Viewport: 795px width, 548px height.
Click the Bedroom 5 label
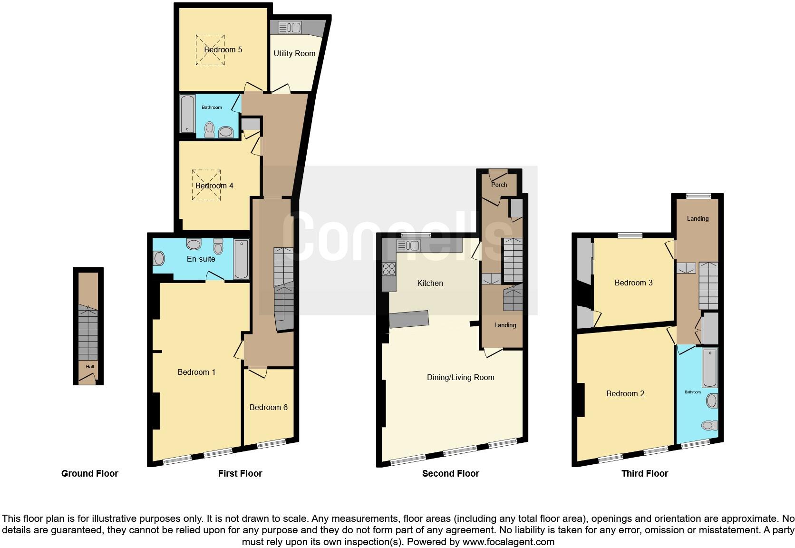[223, 49]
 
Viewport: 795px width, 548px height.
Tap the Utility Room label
[294, 53]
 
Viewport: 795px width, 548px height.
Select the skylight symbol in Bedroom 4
[206, 185]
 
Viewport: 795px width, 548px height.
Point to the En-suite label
[201, 259]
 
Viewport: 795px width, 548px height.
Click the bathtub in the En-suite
[242, 259]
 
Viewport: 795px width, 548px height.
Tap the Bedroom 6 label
[268, 407]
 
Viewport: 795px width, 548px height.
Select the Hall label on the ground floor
[90, 366]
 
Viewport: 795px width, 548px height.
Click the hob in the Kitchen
[389, 270]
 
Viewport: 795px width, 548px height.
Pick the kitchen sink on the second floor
[408, 245]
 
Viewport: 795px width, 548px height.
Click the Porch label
[499, 185]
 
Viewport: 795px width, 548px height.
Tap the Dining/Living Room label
[460, 377]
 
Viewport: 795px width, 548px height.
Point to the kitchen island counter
[409, 319]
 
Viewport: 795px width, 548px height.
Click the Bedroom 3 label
[633, 283]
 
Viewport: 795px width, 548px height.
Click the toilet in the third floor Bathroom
[711, 425]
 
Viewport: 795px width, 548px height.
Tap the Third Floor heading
[644, 473]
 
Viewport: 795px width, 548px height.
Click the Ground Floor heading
[89, 473]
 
